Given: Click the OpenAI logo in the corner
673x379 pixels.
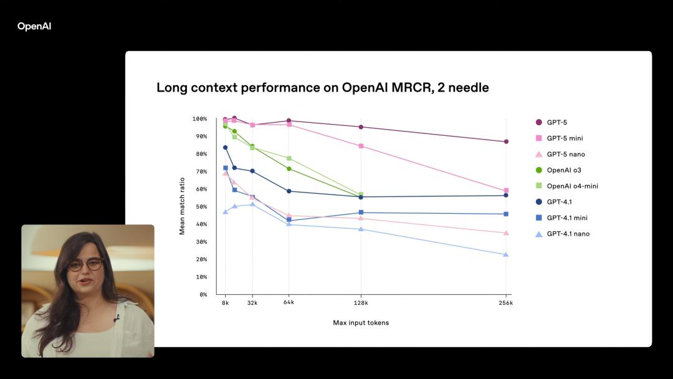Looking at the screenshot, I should (34, 26).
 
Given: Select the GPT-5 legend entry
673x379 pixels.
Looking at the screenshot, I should (556, 122).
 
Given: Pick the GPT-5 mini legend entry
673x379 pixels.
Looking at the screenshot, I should (565, 138).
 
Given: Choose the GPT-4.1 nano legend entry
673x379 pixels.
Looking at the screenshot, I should (568, 234).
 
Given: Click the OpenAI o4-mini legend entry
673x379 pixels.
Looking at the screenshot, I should (572, 186).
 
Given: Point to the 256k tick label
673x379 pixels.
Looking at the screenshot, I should (505, 303).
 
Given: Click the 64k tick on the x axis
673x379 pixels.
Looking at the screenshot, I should (289, 303).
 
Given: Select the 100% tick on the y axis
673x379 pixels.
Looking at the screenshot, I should (199, 119).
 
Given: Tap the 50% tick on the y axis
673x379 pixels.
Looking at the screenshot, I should (201, 207).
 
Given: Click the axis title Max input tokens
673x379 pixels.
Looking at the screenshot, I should (361, 323).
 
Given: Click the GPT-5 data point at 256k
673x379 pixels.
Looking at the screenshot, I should (506, 142).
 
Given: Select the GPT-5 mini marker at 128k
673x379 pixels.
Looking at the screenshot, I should (361, 146).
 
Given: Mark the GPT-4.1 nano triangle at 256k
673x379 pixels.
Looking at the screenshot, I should (506, 254).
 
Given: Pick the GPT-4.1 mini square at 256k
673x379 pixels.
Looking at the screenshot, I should (506, 214).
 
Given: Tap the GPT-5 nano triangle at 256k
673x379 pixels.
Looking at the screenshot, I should (506, 233).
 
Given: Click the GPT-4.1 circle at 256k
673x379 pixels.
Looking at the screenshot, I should (506, 195).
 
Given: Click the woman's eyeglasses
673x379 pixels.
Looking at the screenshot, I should (86, 264).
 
